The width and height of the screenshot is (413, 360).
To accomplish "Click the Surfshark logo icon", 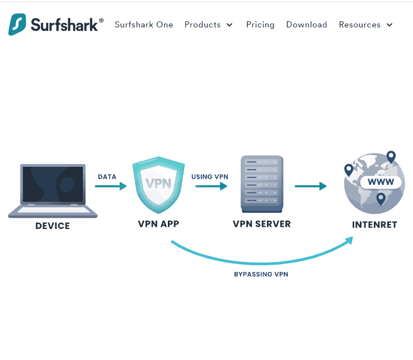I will point(18,25).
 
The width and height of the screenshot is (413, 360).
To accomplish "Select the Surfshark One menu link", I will point(144,25).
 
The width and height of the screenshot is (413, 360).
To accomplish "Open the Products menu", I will point(208,25).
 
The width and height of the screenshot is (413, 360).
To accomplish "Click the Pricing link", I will point(260,25).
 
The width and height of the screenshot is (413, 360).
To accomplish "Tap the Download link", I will point(307,25).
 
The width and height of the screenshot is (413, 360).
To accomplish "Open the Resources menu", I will point(366,25).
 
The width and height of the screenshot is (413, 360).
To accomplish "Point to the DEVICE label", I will point(53,226).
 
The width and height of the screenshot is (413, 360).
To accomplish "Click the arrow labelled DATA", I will point(111,186).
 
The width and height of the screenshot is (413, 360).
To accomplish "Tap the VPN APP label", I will point(158,224).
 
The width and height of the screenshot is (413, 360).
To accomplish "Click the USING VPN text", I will point(210,177).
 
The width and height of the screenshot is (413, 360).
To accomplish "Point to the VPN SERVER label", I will point(262,224).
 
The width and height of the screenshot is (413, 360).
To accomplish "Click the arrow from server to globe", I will point(311,186).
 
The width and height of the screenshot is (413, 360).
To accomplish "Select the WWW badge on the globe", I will point(381,183).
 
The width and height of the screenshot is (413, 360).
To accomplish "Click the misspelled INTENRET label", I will point(374,225).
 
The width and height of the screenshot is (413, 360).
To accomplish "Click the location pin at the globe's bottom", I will point(381,198).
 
